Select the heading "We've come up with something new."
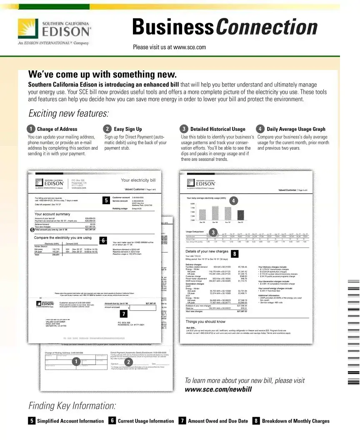pos(102,75)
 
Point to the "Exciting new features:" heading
pos(68,113)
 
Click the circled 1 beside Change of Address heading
pos(31,129)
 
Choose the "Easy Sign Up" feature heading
pos(127,129)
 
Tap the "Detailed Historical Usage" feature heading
pos(217,129)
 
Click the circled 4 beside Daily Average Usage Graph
pos(260,129)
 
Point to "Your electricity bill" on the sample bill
pos(138,180)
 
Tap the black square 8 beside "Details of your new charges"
pos(235,253)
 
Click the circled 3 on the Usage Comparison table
pos(213,232)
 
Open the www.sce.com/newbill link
pos(218,390)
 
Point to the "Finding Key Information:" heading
pos(72,406)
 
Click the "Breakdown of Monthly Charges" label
pos(295,421)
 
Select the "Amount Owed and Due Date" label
pos(217,421)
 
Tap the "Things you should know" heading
pos(205,322)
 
